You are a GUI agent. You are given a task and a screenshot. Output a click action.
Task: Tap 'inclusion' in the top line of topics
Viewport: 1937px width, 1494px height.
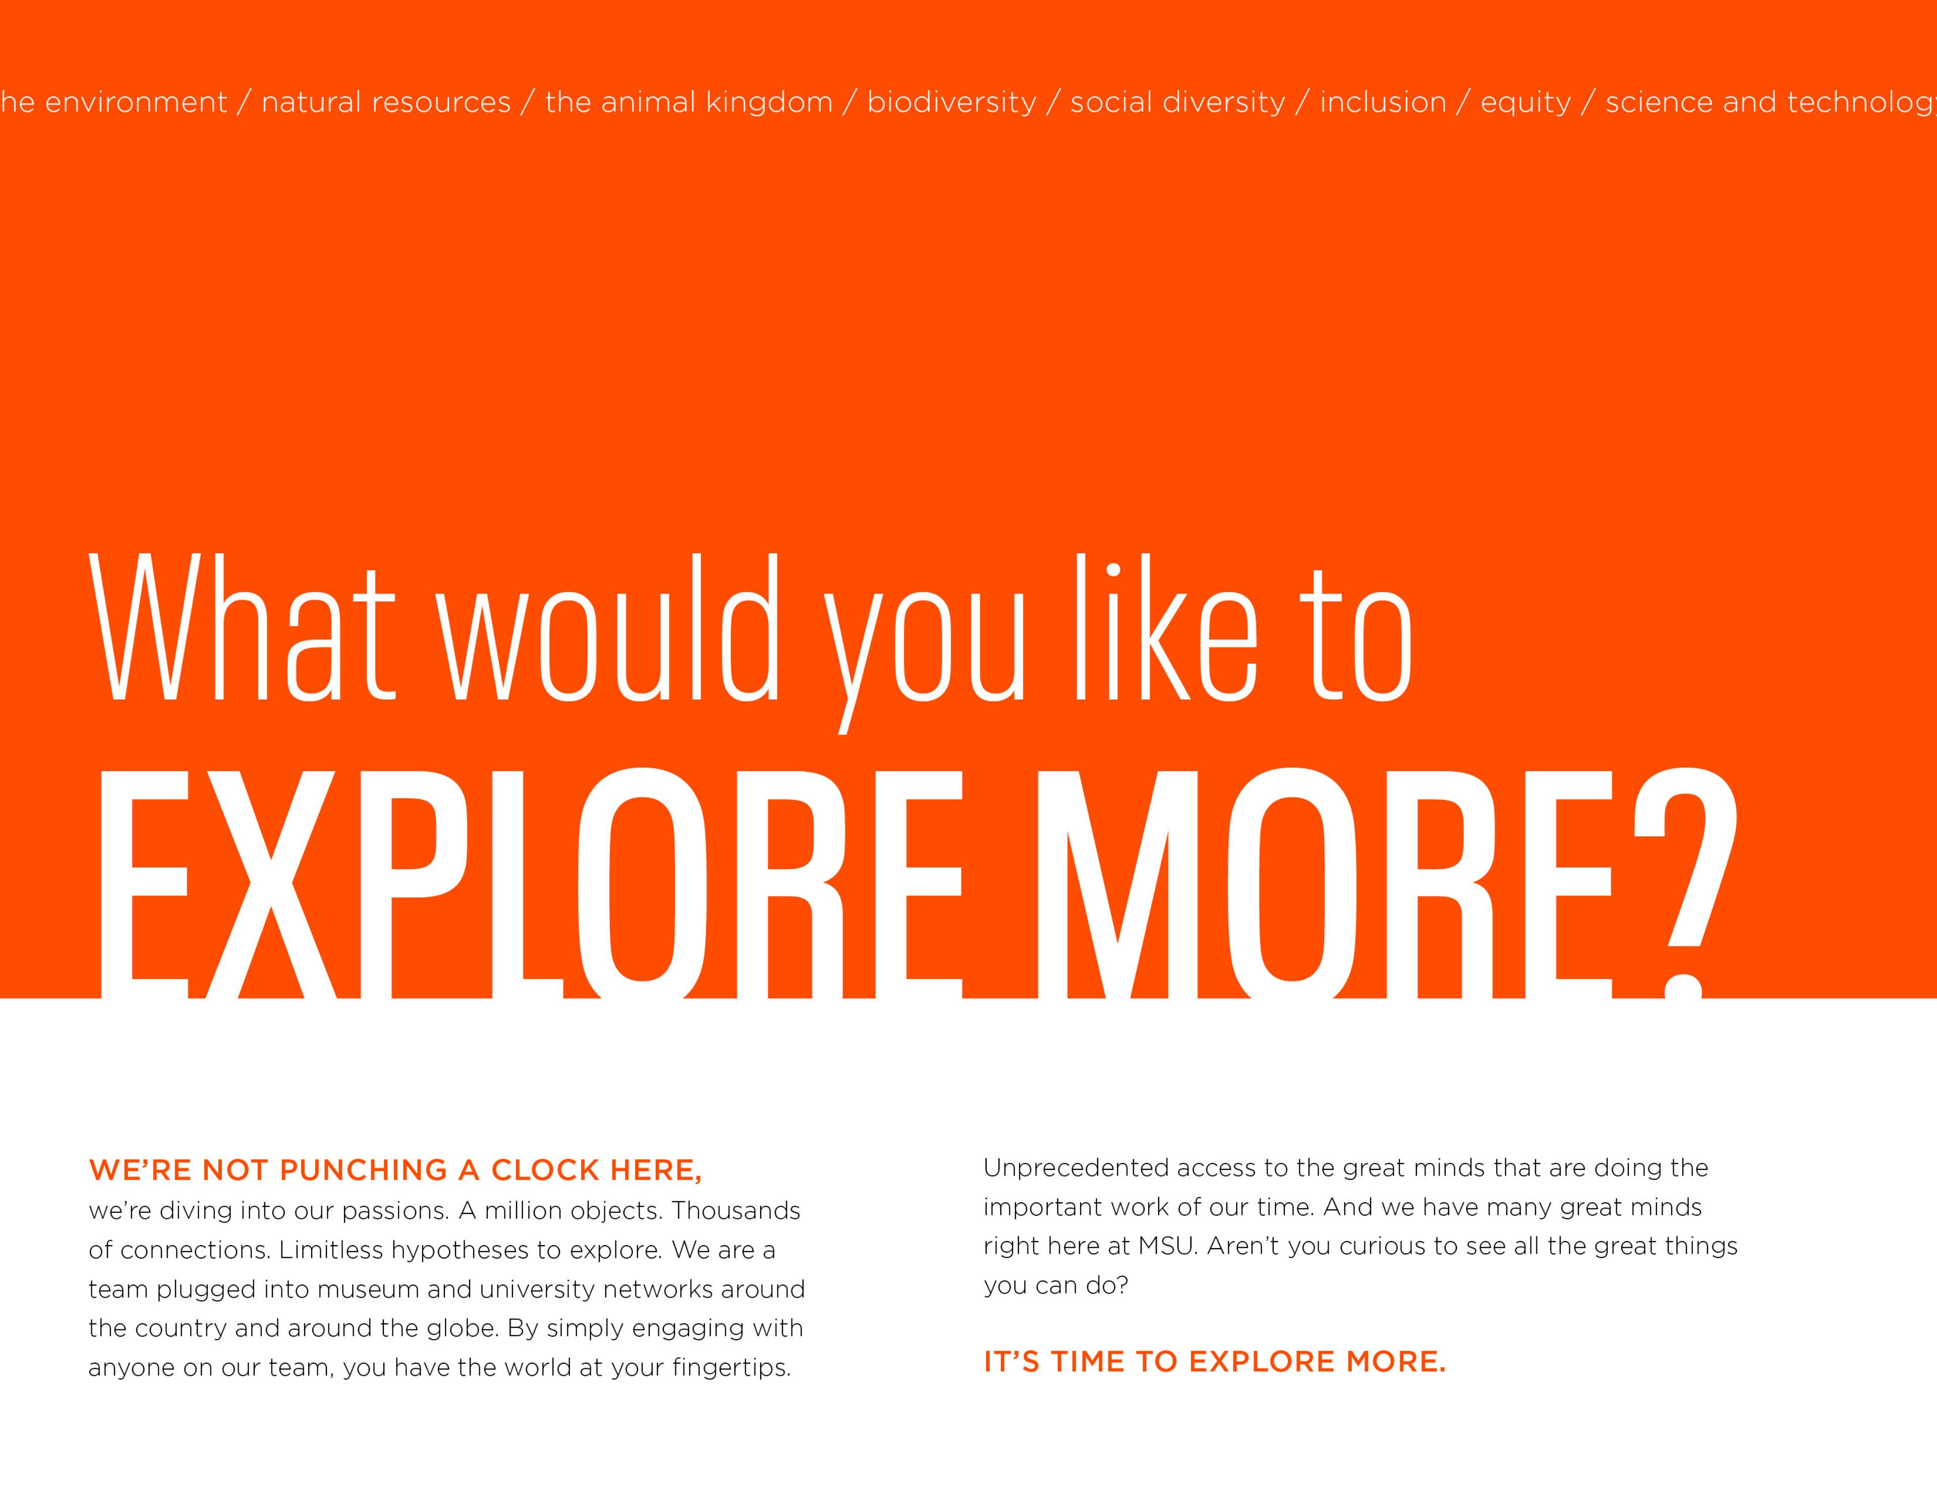1383,102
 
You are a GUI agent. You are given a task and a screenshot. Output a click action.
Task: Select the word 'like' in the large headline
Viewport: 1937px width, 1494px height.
1165,626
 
